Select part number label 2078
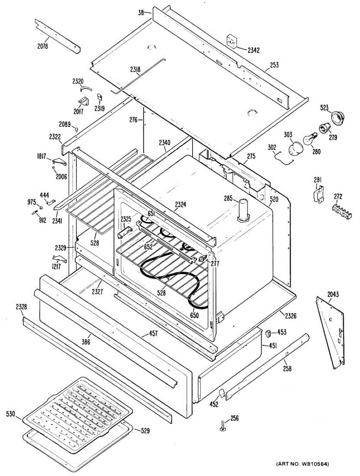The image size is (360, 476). tap(42, 46)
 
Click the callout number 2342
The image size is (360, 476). tap(254, 50)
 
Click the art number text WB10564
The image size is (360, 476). tap(308, 464)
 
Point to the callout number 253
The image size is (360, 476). tap(274, 65)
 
